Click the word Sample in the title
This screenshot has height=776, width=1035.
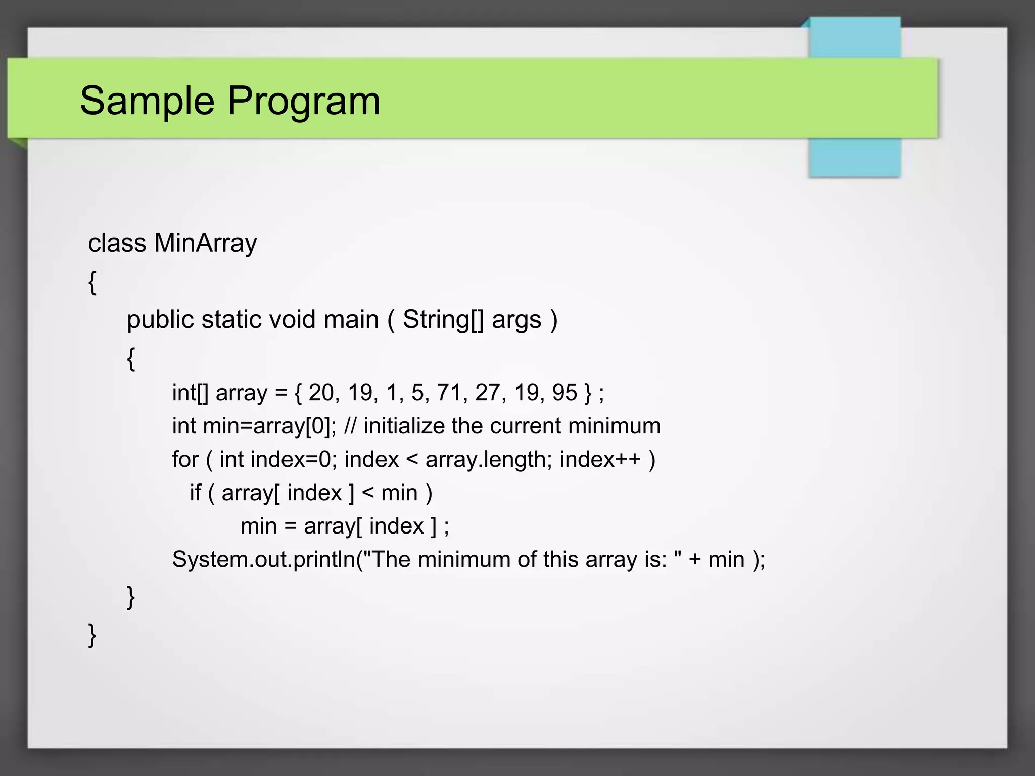pyautogui.click(x=147, y=101)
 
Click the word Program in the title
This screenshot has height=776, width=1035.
pyautogui.click(x=304, y=101)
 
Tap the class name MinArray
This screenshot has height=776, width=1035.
pyautogui.click(x=205, y=244)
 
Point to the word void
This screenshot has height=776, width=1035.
pyautogui.click(x=292, y=320)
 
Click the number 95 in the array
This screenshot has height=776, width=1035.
pyautogui.click(x=564, y=393)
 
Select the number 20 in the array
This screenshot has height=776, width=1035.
pyautogui.click(x=321, y=393)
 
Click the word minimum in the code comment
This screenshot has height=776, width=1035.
pyautogui.click(x=614, y=426)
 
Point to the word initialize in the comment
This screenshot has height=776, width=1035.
pyautogui.click(x=404, y=426)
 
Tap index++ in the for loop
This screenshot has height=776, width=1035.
pyautogui.click(x=600, y=460)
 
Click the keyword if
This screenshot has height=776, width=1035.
pyautogui.click(x=195, y=493)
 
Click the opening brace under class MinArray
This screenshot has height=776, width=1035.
pyautogui.click(x=92, y=282)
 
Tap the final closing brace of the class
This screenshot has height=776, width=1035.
pyautogui.click(x=92, y=635)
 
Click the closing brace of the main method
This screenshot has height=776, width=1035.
pyautogui.click(x=131, y=597)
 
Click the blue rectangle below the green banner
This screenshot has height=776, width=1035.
pyautogui.click(x=854, y=158)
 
